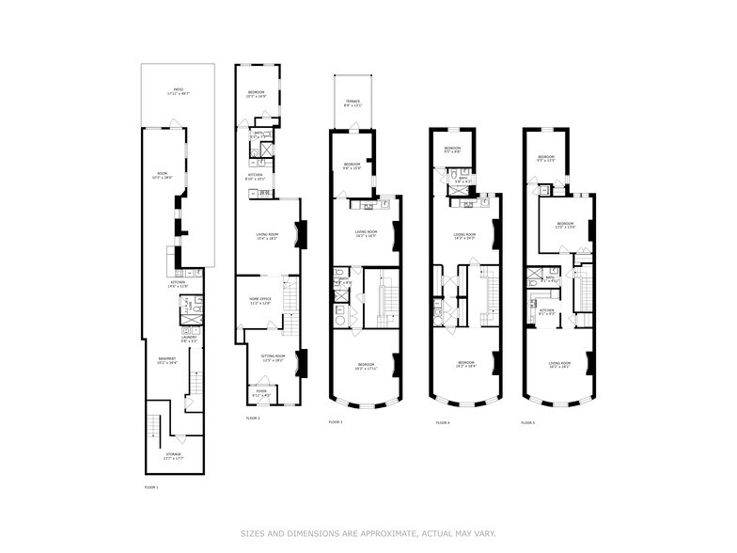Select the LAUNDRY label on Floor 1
[x=189, y=338]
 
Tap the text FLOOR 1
[x=151, y=487]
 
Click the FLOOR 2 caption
[x=253, y=418]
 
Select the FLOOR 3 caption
[x=336, y=422]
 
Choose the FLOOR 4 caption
[x=443, y=423]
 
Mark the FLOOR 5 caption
[x=528, y=423]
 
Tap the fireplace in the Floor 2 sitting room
[x=301, y=362]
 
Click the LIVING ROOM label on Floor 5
[x=559, y=364]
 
